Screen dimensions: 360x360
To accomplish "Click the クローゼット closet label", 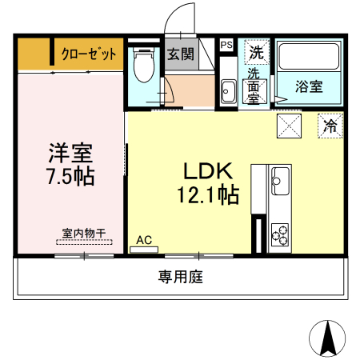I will point(89,55).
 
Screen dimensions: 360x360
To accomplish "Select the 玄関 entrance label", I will point(181,54).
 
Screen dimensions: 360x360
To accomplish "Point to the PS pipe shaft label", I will point(226,46).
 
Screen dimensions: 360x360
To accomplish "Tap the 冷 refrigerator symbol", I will point(330,125).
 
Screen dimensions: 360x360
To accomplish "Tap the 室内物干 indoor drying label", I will point(84,234).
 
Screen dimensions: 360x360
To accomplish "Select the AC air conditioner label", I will point(144,238).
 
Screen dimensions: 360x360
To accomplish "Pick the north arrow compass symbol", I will point(327,337).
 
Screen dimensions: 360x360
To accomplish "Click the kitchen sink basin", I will point(280,180).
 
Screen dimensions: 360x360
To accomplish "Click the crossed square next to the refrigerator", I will point(288,125).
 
